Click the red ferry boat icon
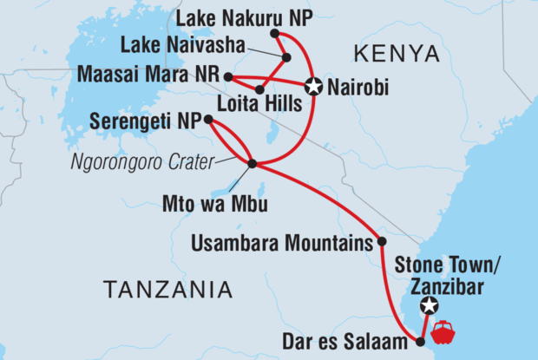click(443, 331)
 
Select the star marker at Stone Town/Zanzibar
click(429, 305)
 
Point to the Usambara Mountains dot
click(381, 241)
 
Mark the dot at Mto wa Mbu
click(252, 163)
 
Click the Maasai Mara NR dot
click(228, 76)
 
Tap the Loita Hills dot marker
click(259, 89)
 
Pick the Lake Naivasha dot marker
click(285, 57)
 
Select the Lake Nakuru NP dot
click(274, 34)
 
